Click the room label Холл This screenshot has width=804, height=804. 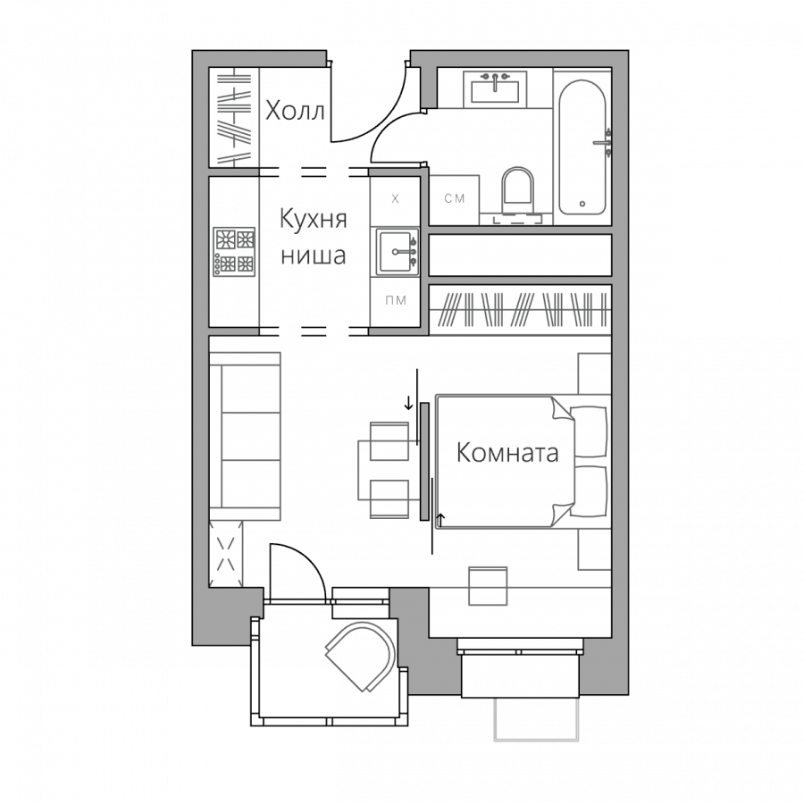(x=295, y=110)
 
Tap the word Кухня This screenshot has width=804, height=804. (x=314, y=219)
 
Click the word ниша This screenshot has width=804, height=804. (x=314, y=255)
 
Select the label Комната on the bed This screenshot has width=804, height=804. (x=507, y=453)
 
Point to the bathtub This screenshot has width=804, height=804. (x=582, y=147)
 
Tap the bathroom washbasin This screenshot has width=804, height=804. (x=495, y=89)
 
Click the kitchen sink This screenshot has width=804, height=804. (x=396, y=252)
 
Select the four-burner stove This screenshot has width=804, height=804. (x=234, y=252)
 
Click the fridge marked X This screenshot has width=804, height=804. (x=395, y=199)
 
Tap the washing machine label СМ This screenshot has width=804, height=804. (x=455, y=198)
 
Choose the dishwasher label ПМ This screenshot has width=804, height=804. (x=396, y=300)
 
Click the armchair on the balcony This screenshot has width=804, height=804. (x=361, y=656)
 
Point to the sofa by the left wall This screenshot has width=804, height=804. (x=245, y=436)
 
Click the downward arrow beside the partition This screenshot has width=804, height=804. (x=408, y=403)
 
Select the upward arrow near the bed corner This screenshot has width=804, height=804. (x=440, y=521)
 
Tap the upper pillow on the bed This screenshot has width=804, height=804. (x=590, y=431)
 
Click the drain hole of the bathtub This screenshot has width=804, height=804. (x=582, y=204)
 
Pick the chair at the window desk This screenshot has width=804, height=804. (x=488, y=586)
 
